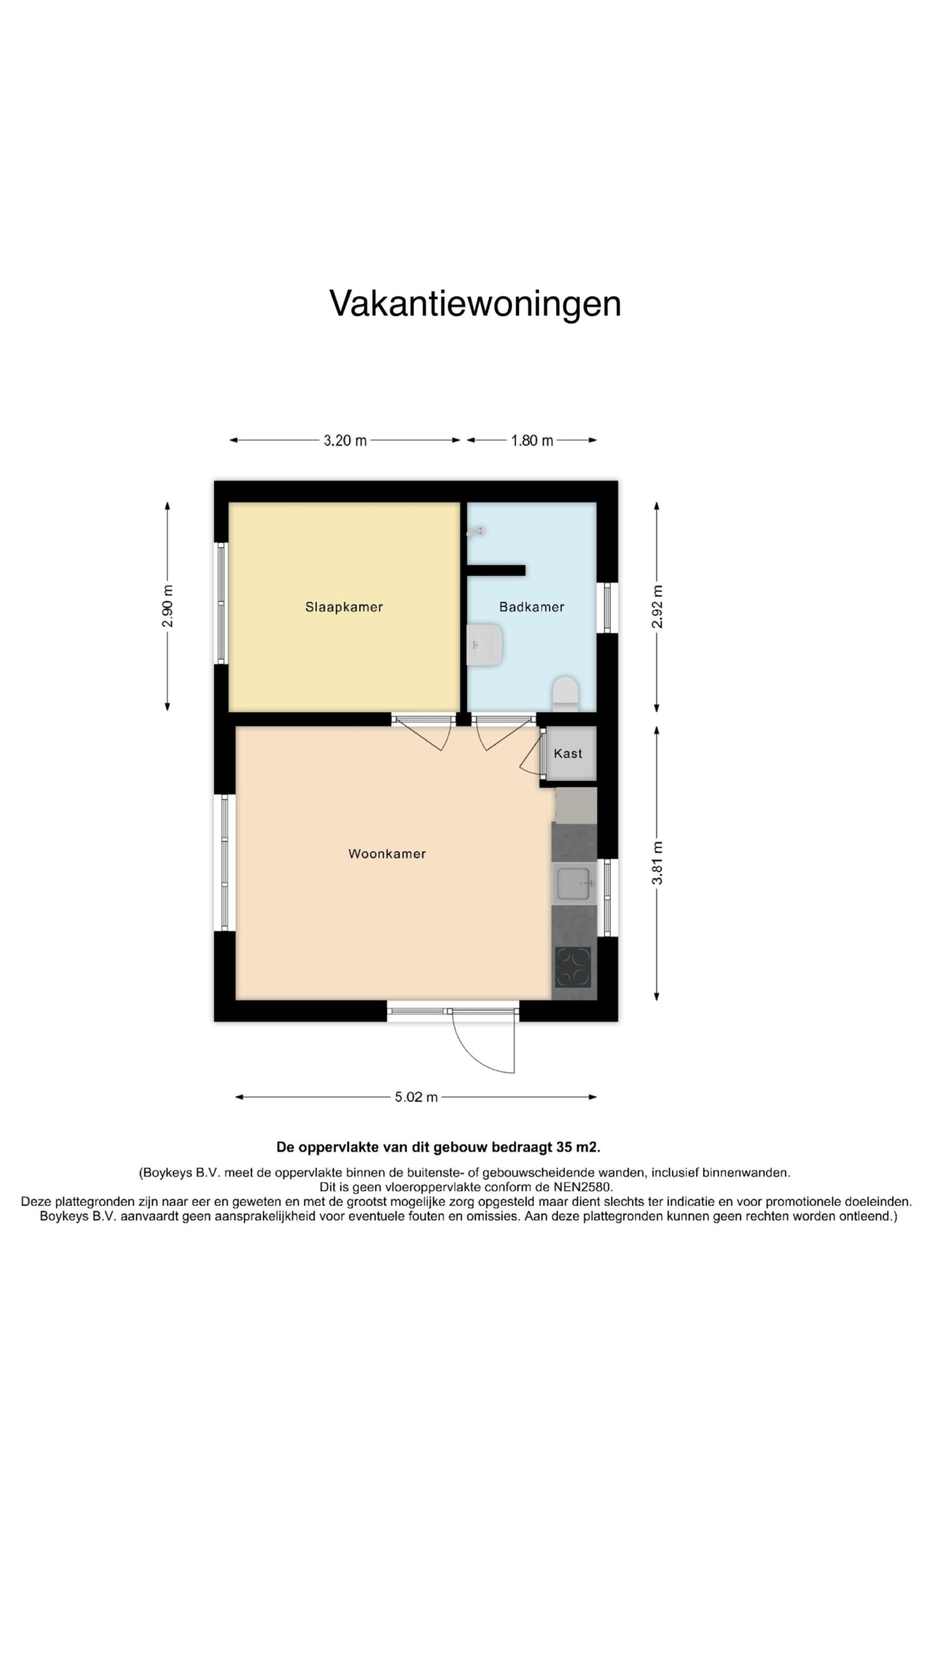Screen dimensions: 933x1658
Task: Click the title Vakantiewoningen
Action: [475, 303]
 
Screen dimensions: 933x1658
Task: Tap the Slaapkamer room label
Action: [344, 607]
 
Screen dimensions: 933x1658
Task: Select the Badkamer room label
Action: [531, 607]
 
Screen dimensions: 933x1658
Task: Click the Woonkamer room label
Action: [387, 854]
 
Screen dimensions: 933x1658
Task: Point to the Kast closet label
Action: [568, 753]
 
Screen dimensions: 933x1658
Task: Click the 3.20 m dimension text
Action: [345, 440]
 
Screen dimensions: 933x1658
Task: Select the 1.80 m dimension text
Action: [532, 440]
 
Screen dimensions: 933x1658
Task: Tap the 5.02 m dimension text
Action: [416, 1096]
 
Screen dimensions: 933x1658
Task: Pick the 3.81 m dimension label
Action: [658, 863]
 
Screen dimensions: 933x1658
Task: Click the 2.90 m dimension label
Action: [168, 606]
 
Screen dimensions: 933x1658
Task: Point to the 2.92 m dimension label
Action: [658, 606]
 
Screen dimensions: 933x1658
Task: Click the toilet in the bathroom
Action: [565, 694]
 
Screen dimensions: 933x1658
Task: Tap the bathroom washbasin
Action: [485, 644]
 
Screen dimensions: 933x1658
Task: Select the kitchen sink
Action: [574, 883]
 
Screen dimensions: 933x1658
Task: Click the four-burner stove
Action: [573, 967]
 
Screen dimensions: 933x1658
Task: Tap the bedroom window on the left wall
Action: [222, 602]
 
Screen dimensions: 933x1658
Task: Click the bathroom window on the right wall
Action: [607, 608]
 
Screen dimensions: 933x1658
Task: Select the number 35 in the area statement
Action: [564, 1147]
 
